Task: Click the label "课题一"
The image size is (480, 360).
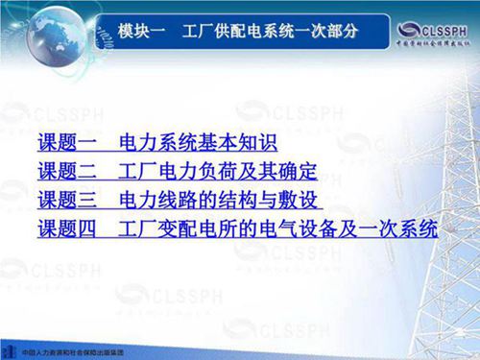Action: coord(68,146)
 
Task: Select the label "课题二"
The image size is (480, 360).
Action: coord(68,175)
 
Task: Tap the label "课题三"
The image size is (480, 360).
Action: coord(68,203)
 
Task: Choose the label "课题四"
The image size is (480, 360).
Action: coord(68,230)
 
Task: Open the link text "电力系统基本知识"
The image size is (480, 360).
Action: coord(198,146)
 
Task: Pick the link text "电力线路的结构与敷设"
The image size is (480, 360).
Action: coord(219,203)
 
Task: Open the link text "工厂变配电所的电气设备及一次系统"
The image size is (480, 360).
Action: coord(277,230)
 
